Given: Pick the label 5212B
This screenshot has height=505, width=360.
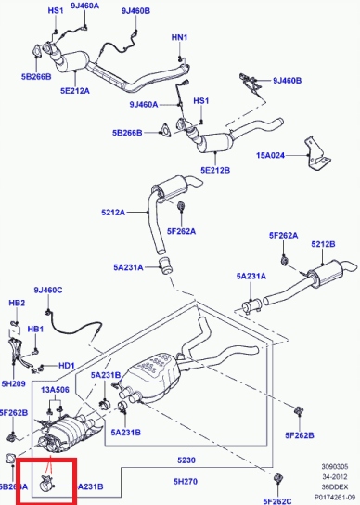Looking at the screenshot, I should pyautogui.click(x=323, y=245).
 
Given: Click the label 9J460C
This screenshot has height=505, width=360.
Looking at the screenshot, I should pyautogui.click(x=47, y=291).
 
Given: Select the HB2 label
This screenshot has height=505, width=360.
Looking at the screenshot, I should pyautogui.click(x=16, y=304).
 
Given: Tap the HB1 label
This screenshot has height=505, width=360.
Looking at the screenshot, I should pyautogui.click(x=35, y=329).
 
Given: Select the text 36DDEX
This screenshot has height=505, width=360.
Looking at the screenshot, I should pyautogui.click(x=333, y=487).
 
